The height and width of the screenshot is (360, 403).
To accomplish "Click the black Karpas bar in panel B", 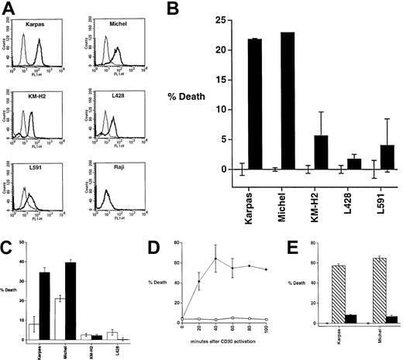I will pyautogui.click(x=256, y=104).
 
